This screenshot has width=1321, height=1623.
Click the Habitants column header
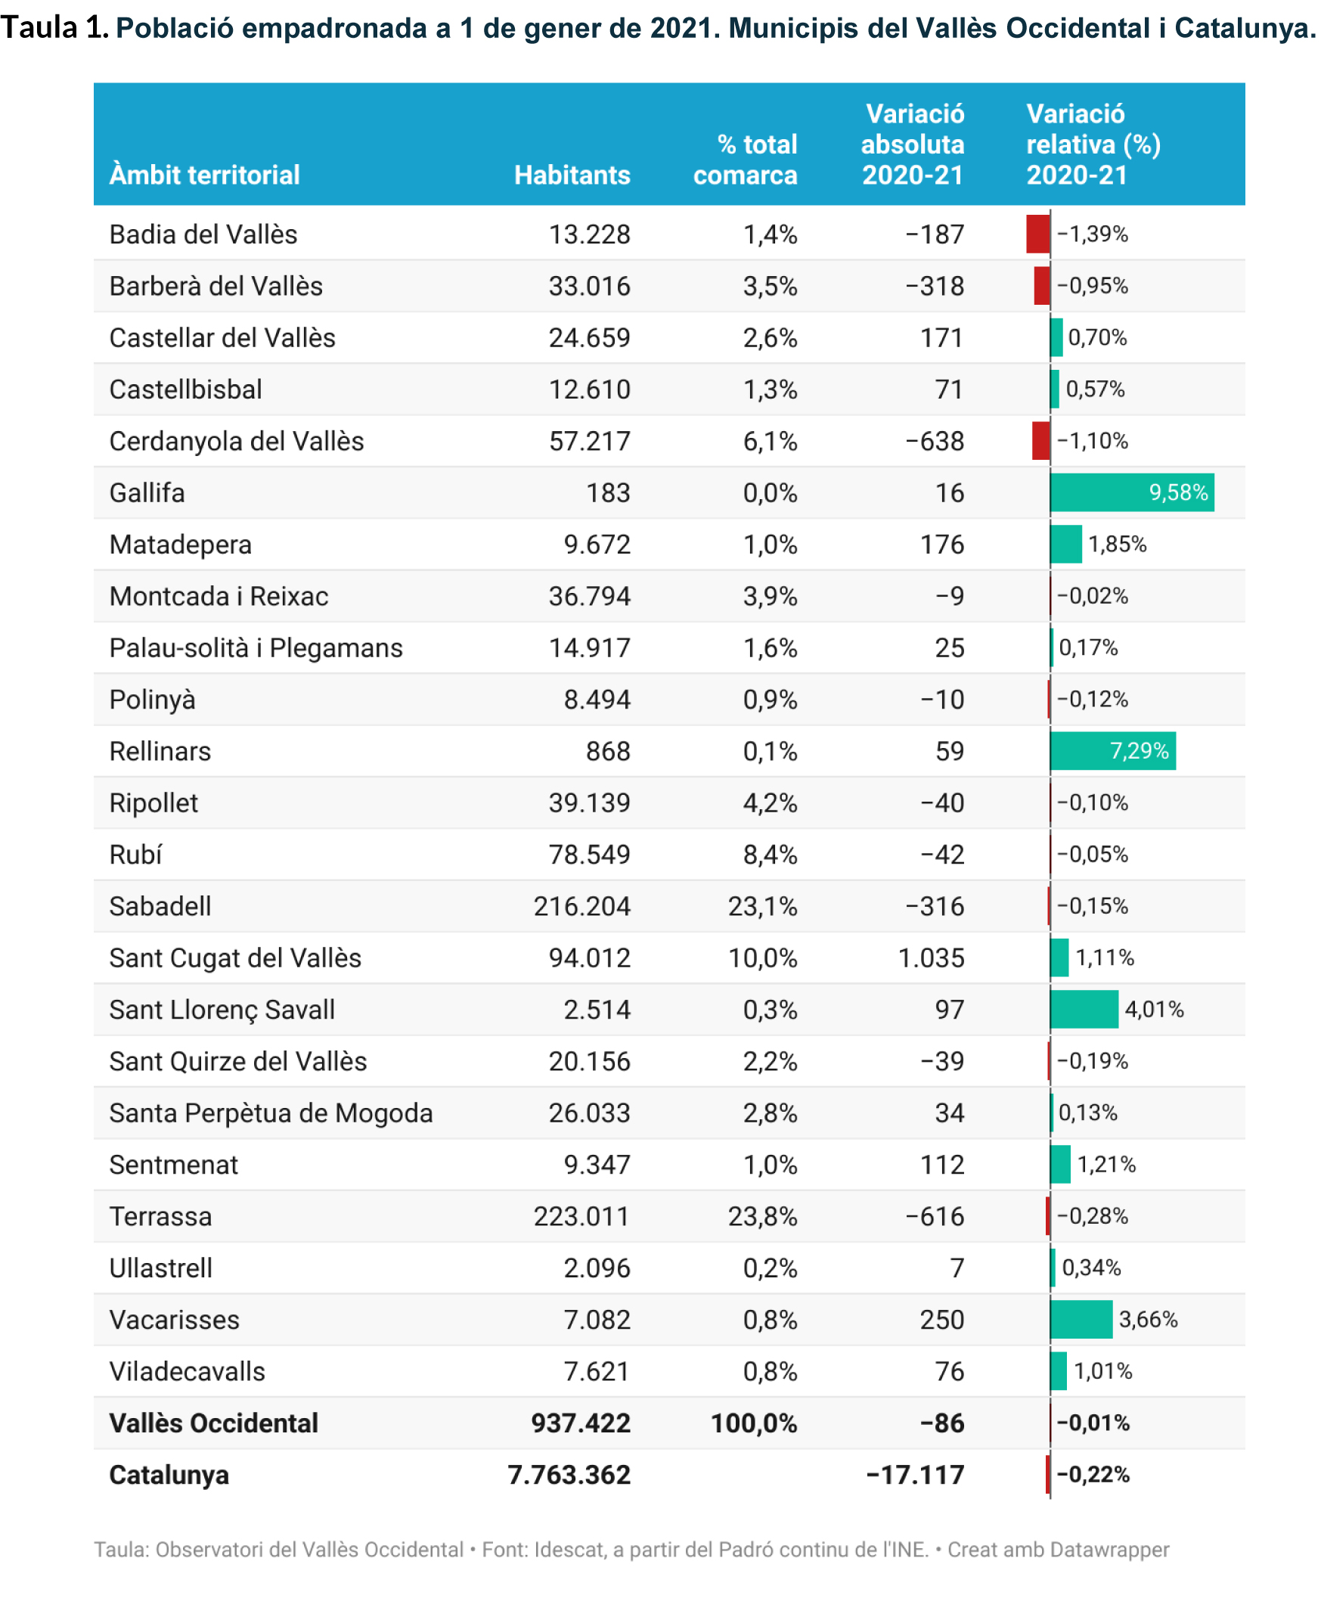click(572, 175)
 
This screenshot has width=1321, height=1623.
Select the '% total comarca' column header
click(745, 160)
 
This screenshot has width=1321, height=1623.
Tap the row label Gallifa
click(147, 493)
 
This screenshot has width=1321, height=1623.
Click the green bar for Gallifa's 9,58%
click(1130, 493)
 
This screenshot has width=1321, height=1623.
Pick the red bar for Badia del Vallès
click(1037, 234)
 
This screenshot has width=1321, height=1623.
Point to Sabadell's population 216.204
click(581, 906)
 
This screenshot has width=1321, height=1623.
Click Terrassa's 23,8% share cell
click(761, 1217)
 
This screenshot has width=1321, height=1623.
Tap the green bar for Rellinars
click(1112, 751)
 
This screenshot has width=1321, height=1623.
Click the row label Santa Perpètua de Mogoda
click(270, 1113)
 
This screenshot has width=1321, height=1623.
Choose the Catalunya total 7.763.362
click(569, 1476)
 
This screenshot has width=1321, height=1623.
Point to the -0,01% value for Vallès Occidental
click(1093, 1423)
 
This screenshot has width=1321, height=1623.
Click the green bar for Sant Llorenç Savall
click(1084, 1010)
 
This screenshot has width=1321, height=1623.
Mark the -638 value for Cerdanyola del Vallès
click(935, 442)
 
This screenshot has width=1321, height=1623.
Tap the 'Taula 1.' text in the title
click(54, 28)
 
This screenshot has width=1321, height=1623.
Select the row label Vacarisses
click(174, 1320)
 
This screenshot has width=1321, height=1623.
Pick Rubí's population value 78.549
click(589, 855)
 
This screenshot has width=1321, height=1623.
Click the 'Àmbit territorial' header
click(205, 175)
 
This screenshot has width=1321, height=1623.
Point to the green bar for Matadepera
click(1065, 545)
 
